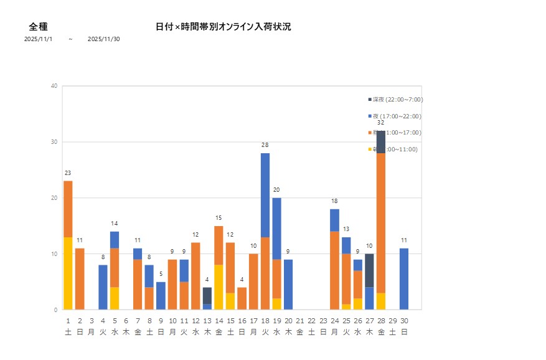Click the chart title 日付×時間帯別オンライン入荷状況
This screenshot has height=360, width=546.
pyautogui.click(x=223, y=27)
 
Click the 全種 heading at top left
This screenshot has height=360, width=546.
pyautogui.click(x=39, y=27)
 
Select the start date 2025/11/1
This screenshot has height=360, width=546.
pyautogui.click(x=38, y=39)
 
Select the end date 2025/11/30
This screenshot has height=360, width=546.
pyautogui.click(x=104, y=39)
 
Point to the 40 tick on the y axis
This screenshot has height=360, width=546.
pyautogui.click(x=55, y=86)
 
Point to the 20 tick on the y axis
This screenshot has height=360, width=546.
pyautogui.click(x=55, y=198)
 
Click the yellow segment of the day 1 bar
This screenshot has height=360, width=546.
pyautogui.click(x=68, y=273)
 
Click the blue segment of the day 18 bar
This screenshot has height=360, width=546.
pyautogui.click(x=265, y=195)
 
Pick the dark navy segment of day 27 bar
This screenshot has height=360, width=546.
pyautogui.click(x=369, y=270)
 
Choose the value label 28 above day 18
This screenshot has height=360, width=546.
pyautogui.click(x=265, y=145)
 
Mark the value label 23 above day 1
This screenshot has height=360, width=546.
pyautogui.click(x=68, y=173)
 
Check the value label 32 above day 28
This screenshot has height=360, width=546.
pyautogui.click(x=381, y=123)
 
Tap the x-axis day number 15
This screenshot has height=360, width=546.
pyautogui.click(x=230, y=321)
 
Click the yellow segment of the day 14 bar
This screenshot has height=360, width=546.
pyautogui.click(x=219, y=287)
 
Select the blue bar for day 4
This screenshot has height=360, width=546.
pyautogui.click(x=103, y=287)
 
